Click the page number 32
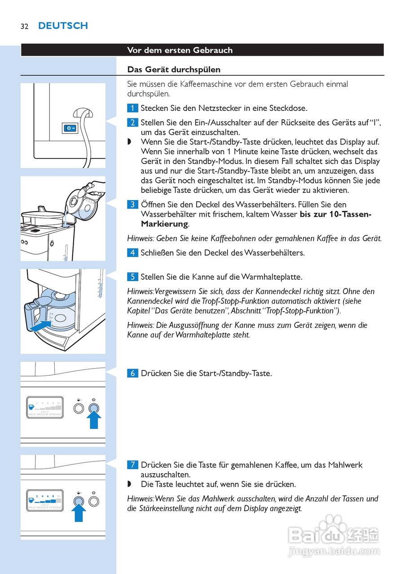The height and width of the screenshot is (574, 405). [24, 26]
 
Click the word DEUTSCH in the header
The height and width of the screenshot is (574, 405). [63, 26]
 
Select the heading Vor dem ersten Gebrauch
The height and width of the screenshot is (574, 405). [180, 50]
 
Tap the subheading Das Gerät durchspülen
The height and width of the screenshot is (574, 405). [174, 70]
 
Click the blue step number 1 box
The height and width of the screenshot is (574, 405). [132, 108]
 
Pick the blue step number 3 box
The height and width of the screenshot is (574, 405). [132, 204]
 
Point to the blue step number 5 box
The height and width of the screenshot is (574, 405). [132, 277]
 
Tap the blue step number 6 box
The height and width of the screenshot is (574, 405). [132, 373]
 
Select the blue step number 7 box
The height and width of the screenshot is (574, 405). [132, 465]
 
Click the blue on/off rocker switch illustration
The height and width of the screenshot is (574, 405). [70, 128]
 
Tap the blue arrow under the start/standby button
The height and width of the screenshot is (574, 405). [94, 421]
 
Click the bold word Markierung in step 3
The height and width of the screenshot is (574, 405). [164, 224]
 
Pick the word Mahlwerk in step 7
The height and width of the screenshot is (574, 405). [346, 465]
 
